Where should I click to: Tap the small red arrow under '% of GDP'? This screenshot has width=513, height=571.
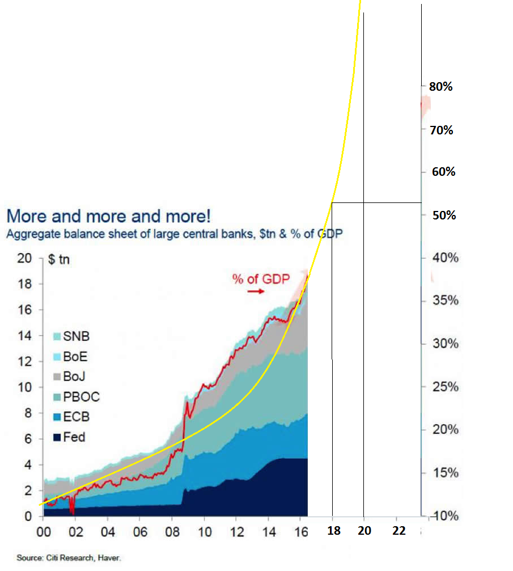pos(256,291)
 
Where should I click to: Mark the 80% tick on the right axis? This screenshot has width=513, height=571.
pos(441,87)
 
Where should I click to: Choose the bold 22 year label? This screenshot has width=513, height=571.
pos(399,531)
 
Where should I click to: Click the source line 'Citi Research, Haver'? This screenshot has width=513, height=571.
pos(69,558)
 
